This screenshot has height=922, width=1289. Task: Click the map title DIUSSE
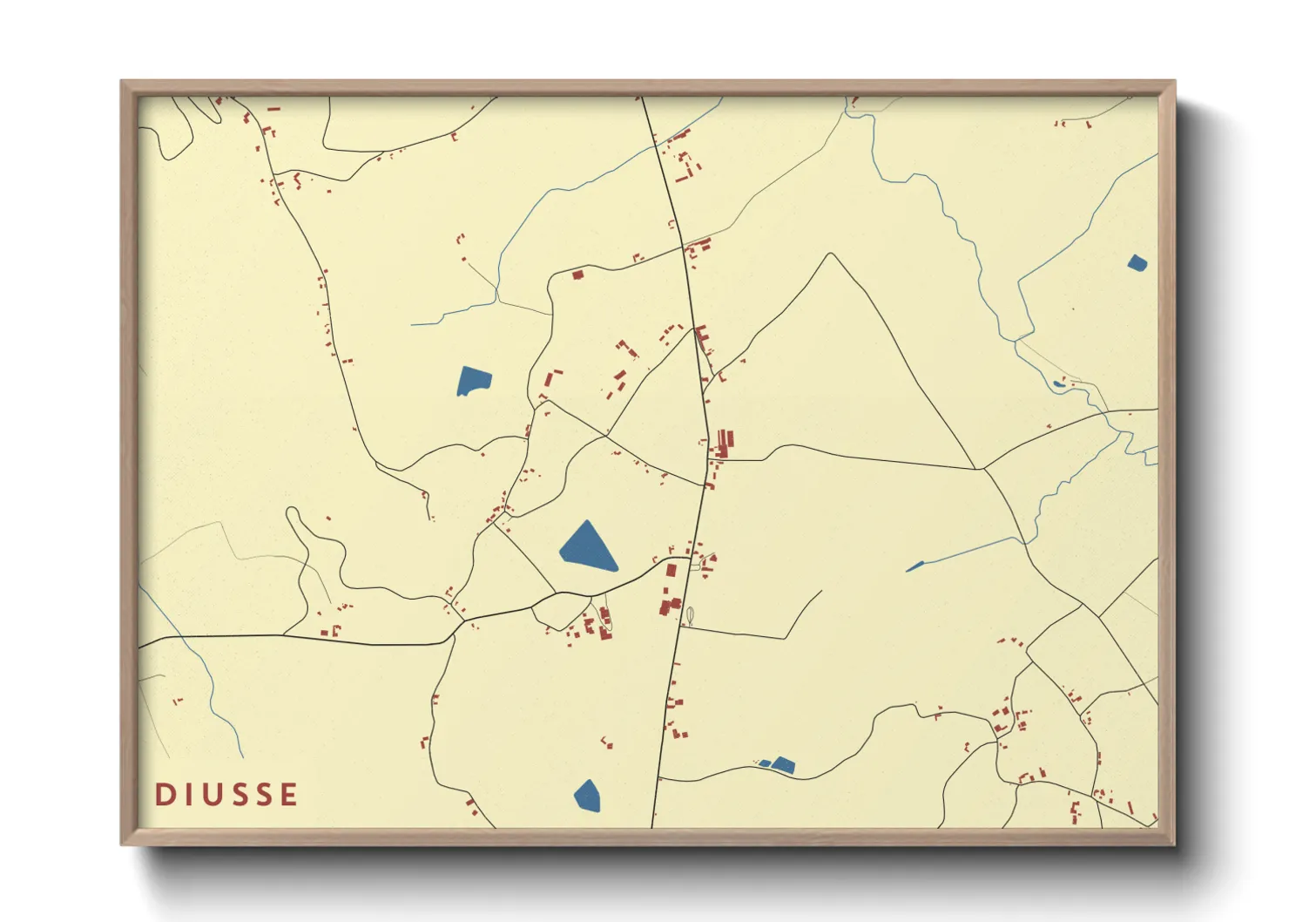coord(226,795)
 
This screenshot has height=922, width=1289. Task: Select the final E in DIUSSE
coord(287,795)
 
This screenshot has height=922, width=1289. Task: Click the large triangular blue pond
coord(588,548)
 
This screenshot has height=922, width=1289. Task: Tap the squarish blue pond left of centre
coord(474,381)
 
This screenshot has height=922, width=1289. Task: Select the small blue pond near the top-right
coord(1137,262)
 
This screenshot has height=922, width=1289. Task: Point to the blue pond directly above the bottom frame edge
coord(588,795)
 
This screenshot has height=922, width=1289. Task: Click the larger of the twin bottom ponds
coord(783,765)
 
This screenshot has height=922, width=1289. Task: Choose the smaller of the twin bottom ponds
coord(765,764)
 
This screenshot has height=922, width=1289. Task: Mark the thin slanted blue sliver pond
coord(914,566)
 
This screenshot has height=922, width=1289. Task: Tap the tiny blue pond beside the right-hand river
coord(1058,383)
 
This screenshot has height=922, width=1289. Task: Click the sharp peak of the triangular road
coord(832,254)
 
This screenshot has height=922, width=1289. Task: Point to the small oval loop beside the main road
coord(690,615)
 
